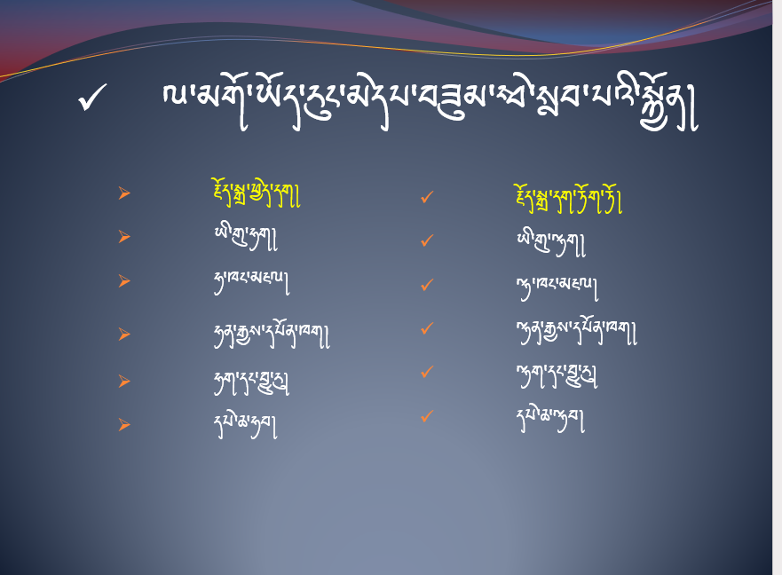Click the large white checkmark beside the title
pos(92,98)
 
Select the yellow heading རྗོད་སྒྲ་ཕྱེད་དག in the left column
pos(257,193)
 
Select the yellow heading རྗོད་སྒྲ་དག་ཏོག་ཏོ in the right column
pos(569,199)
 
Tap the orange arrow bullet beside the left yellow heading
pos(124,193)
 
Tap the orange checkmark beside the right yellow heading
pos(427,198)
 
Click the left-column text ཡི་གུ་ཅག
pos(245,238)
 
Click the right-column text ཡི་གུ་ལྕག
pos(550,243)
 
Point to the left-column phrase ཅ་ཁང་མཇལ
pos(251,282)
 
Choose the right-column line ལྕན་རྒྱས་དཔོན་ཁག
pos(577,330)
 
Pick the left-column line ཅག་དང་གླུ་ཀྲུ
pos(251,382)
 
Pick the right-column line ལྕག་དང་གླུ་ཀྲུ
pos(557,375)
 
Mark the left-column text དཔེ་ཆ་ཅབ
pos(245,425)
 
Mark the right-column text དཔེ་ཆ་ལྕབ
pos(550,420)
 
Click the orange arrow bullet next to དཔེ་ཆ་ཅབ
pos(124,425)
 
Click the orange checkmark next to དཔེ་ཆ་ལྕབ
pos(427,416)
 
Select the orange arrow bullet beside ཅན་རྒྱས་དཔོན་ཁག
pos(124,335)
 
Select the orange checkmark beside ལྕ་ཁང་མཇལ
pos(427,285)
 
